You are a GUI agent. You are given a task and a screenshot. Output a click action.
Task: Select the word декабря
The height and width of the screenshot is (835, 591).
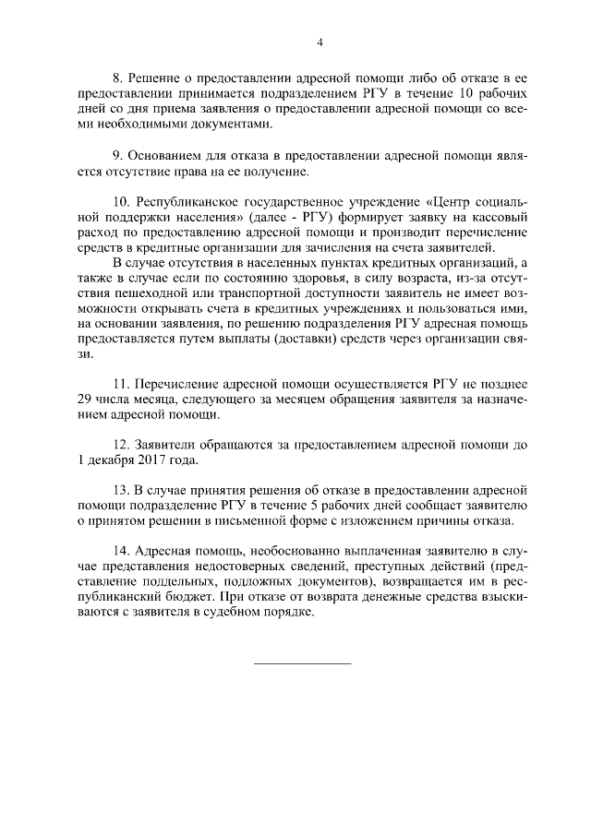(x=112, y=459)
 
